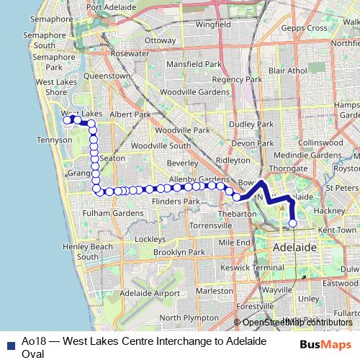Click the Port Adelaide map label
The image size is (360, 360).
[112, 7]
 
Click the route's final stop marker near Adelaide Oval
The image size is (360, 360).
[292, 223]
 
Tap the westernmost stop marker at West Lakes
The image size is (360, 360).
[67, 120]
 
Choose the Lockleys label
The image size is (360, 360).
[150, 238]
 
